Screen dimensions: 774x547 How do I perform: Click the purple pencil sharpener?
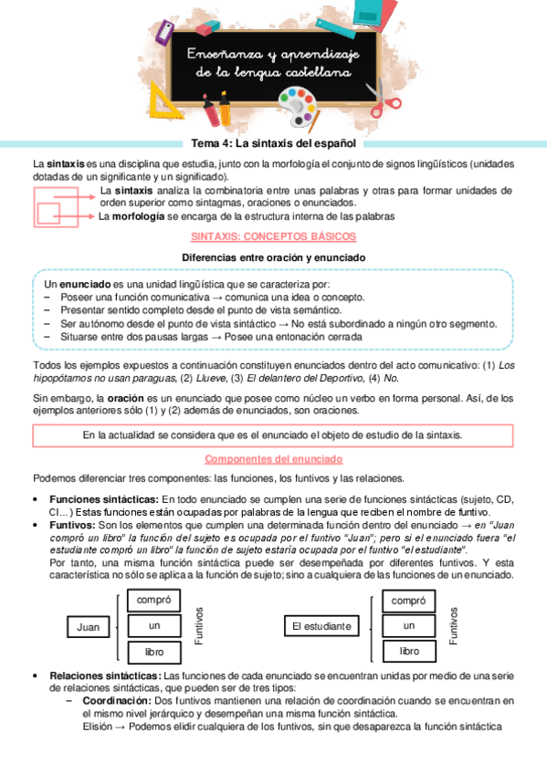(164, 29)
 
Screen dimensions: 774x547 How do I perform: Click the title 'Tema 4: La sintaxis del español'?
(273, 143)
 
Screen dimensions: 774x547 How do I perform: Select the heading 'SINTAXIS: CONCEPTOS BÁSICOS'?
(273, 235)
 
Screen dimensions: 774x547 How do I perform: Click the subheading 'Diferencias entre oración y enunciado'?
(273, 257)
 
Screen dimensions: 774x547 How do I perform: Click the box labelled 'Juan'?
(89, 627)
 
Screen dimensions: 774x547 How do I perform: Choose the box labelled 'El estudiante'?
(321, 627)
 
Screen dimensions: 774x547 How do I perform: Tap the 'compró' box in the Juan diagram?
(153, 601)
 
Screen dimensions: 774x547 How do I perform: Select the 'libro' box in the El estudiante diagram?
(409, 651)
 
